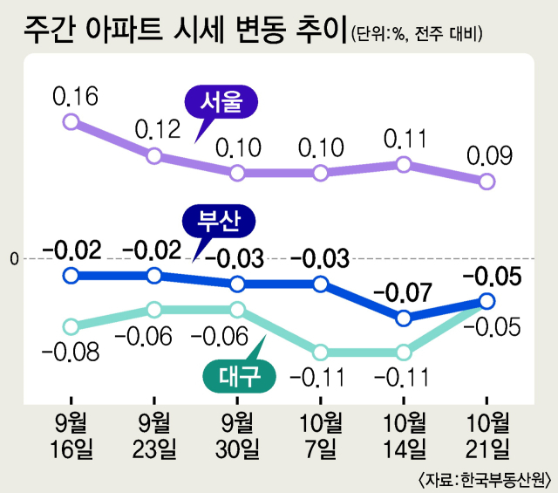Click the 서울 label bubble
point(223,103)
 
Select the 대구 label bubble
point(239,376)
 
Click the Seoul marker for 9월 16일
point(71,122)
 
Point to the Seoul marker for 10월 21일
point(487,181)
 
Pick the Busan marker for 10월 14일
point(404,318)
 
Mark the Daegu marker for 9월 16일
point(71,326)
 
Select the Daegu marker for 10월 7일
point(321,353)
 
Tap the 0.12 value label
point(157,130)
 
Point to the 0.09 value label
point(488,156)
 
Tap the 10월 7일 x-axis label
point(321,437)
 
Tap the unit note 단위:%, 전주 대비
point(418,36)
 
